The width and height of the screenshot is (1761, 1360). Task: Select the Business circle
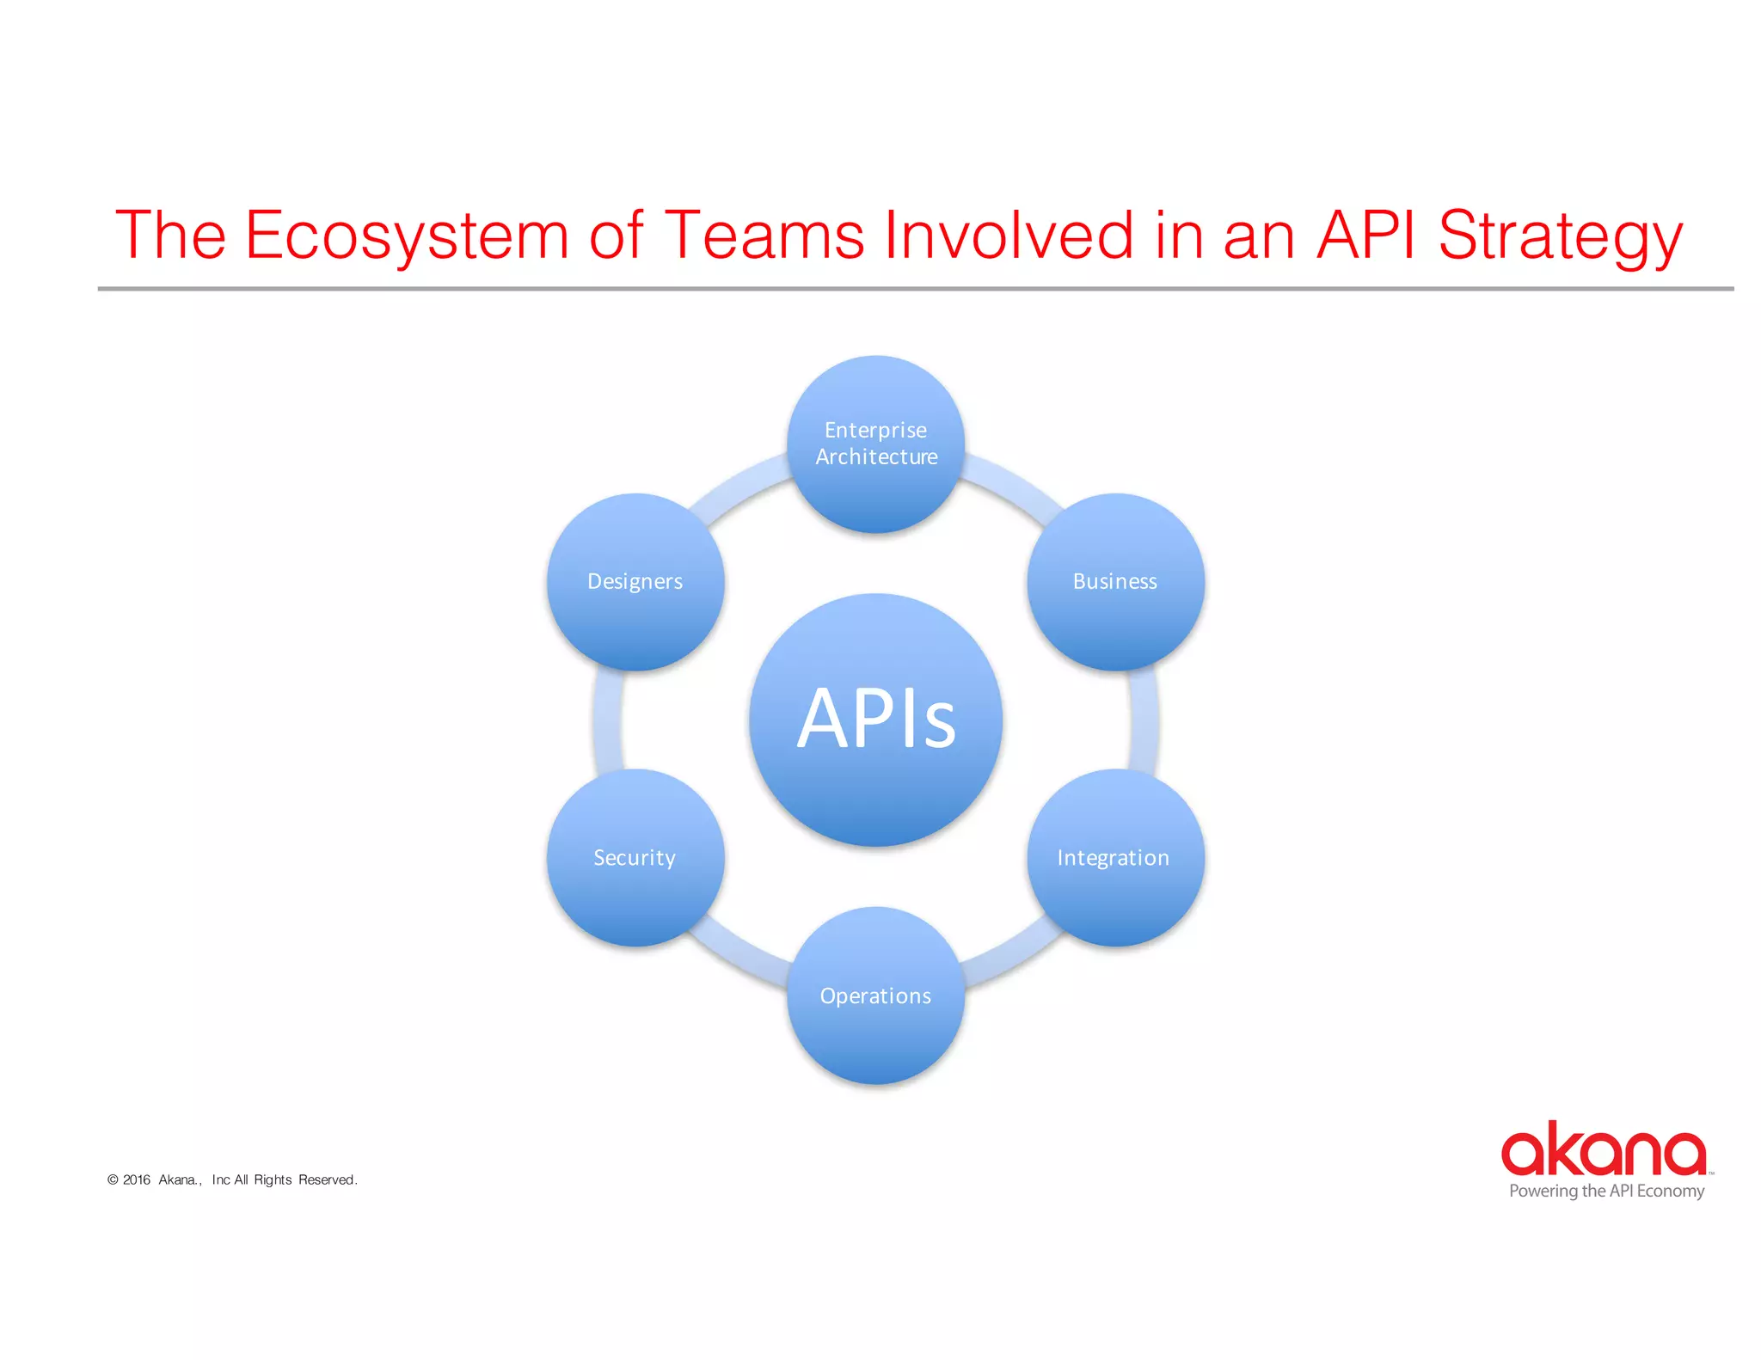coord(1115,583)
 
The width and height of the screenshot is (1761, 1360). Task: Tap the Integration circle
coord(1115,858)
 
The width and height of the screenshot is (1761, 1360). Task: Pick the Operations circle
coord(875,995)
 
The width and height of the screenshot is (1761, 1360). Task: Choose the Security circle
coord(635,858)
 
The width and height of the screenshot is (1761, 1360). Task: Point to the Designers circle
coord(635,582)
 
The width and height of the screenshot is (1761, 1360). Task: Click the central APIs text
coord(875,719)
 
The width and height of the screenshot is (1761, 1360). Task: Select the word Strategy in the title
coord(1560,236)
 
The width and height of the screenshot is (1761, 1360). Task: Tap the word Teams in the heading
coord(764,236)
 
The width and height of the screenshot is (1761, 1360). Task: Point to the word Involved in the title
coord(1009,236)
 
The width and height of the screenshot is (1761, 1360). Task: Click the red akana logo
coord(1604,1149)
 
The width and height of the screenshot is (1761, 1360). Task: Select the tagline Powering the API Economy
coord(1606,1192)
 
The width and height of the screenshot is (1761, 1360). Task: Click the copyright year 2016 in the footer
coord(137,1179)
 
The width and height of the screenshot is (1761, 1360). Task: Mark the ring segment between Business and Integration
coord(1144,720)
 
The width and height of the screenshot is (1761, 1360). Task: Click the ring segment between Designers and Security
coord(607,720)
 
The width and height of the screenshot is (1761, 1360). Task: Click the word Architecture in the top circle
coord(876,457)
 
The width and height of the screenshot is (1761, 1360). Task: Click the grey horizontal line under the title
coord(915,289)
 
